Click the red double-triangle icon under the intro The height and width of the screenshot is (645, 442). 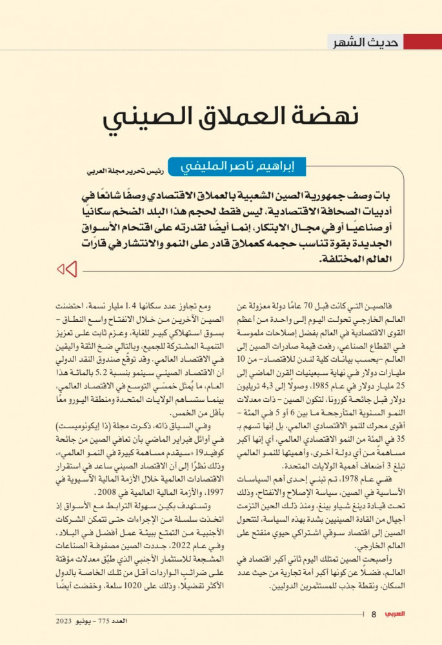click(67, 269)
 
